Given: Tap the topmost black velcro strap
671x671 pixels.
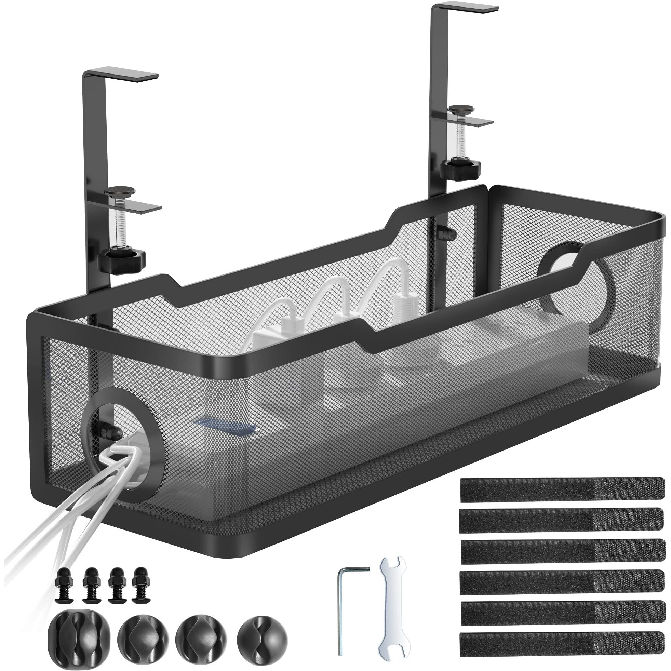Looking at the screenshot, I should [x=562, y=489].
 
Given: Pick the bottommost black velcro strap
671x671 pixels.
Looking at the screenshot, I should [x=562, y=644].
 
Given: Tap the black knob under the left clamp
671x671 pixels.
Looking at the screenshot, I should [x=121, y=259].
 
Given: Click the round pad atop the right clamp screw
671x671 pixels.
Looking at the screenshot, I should [x=461, y=109].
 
